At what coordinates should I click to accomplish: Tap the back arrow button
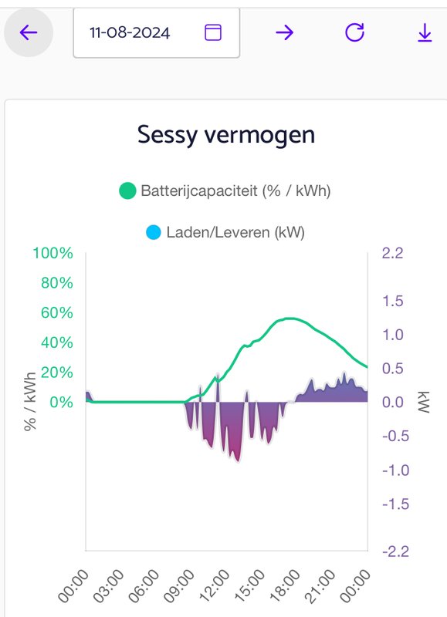29,32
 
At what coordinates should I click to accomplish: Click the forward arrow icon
284,32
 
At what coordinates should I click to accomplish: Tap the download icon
425,32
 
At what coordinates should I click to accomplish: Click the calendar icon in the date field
213,32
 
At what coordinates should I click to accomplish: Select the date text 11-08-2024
130,32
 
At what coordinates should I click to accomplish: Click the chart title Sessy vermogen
226,135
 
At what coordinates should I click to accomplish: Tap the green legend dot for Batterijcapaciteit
127,190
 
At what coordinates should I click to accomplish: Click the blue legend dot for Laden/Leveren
153,232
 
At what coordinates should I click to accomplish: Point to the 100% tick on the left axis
52,253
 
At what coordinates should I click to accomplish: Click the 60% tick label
56,313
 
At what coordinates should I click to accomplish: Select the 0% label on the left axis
61,402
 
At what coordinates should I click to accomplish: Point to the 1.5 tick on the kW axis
393,301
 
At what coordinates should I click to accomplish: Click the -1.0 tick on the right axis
395,470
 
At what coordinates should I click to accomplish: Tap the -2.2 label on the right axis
395,551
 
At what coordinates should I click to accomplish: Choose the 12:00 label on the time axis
215,585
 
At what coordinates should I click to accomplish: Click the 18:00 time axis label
285,585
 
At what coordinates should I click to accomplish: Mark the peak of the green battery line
290,319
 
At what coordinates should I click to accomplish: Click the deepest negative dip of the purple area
238,461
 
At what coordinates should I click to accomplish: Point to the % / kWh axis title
30,401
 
